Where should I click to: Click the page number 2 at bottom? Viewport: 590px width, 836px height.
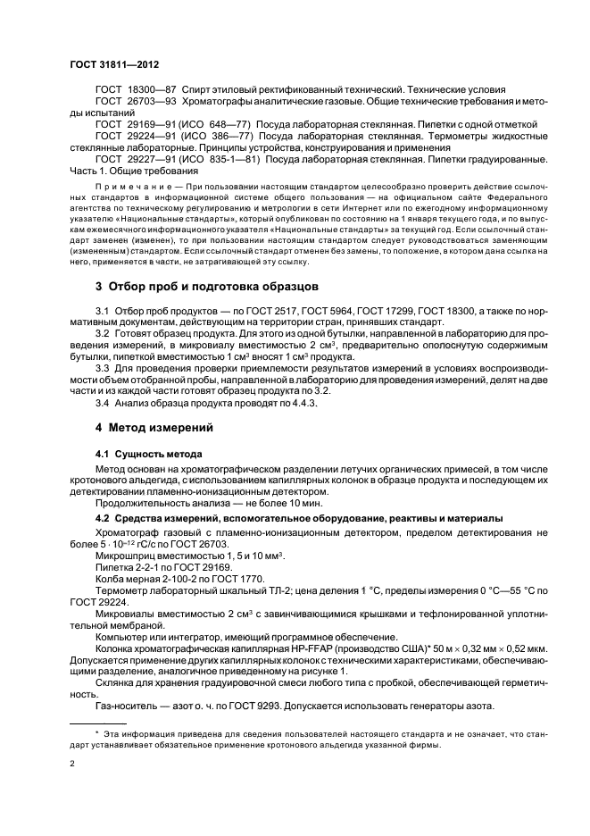[72, 764]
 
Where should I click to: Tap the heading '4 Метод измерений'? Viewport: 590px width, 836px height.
[154, 428]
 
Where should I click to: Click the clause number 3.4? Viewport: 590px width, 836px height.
[103, 403]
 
